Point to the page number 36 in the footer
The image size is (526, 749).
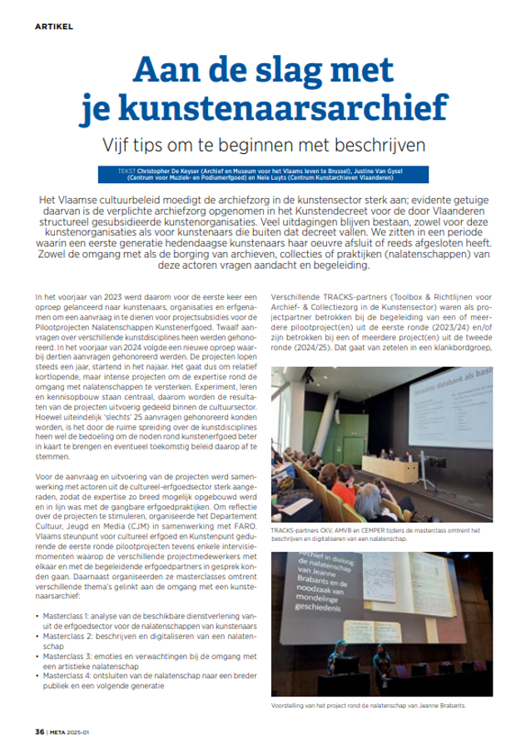[x=39, y=732]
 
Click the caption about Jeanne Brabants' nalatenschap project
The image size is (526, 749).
[x=371, y=706]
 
